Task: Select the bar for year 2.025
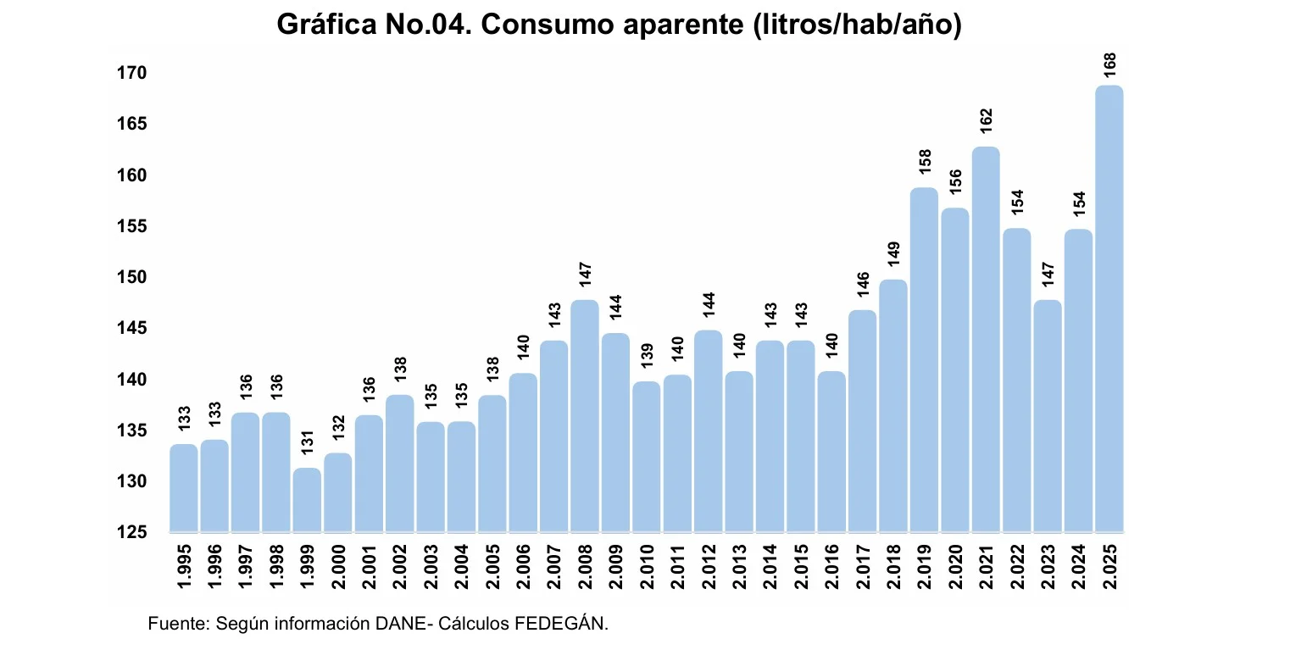[x=1109, y=308]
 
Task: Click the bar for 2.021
[x=986, y=339]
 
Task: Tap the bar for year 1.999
[x=307, y=499]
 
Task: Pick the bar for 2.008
[x=585, y=415]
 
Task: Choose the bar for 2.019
[x=924, y=359]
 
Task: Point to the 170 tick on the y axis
[x=131, y=74]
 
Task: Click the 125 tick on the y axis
[x=131, y=532]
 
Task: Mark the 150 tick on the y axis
[x=131, y=278]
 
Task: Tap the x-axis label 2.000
[x=338, y=567]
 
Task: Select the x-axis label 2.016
[x=831, y=567]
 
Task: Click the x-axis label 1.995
[x=184, y=567]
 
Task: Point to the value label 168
[x=1109, y=65]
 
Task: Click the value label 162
[x=986, y=120]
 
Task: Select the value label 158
[x=925, y=162]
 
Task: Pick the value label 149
[x=893, y=253]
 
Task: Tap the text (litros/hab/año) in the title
[x=857, y=25]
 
